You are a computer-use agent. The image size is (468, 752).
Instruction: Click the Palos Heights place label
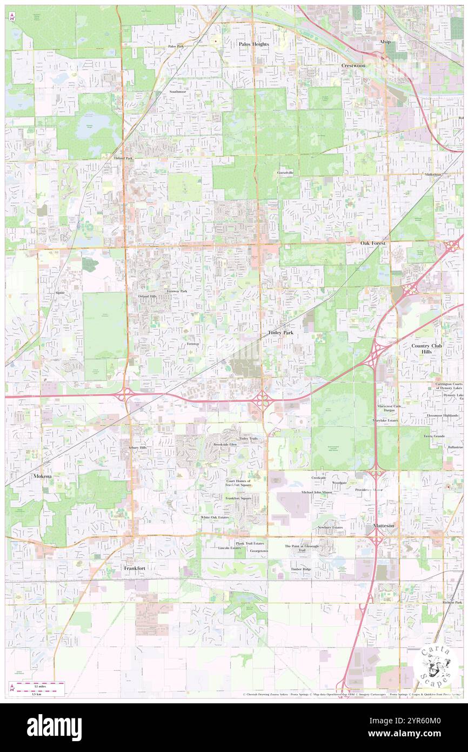tap(253, 44)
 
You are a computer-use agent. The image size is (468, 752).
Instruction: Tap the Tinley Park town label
tap(280, 333)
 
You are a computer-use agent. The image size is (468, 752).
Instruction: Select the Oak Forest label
tap(373, 243)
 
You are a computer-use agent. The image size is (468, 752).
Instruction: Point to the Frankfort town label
tap(135, 569)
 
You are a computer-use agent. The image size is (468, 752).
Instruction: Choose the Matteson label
tap(383, 525)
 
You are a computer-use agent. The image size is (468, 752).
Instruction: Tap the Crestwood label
tap(353, 65)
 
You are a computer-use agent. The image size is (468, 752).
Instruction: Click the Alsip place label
tap(385, 42)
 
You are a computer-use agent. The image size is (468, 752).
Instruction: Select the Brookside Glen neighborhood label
tap(225, 444)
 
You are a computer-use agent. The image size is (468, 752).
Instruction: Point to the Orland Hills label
tap(146, 296)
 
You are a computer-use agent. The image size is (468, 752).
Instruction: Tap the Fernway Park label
tap(177, 291)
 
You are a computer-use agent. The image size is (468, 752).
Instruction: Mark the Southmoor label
tap(177, 91)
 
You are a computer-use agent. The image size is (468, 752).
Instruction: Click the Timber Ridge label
tap(300, 569)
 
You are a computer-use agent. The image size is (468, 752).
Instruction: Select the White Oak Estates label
tap(215, 517)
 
